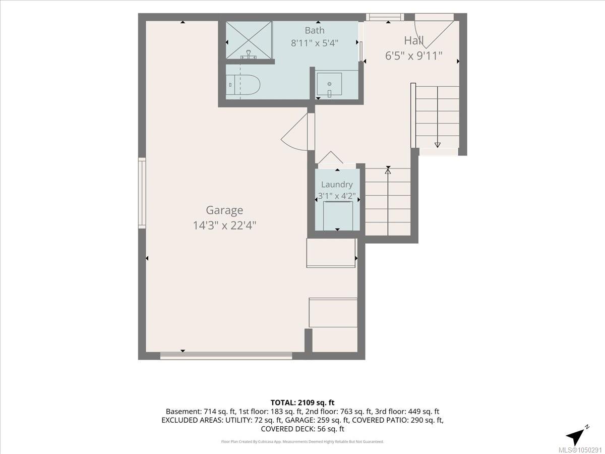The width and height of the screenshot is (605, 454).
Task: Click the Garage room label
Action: (224, 210)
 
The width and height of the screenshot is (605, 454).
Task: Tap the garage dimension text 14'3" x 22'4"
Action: (224, 226)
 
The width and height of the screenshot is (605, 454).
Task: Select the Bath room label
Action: (315, 30)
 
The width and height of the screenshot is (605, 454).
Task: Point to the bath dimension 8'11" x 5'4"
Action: (315, 43)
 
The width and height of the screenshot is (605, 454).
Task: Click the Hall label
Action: (414, 41)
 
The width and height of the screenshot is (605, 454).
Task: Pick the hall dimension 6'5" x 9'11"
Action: (414, 56)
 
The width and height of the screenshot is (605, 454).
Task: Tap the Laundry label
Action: (337, 185)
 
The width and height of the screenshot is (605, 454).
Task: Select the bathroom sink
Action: (329, 84)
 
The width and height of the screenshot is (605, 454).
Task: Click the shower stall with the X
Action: (249, 40)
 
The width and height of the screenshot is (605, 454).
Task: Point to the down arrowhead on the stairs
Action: (438, 145)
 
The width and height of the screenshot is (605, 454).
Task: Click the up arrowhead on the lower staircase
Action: (388, 171)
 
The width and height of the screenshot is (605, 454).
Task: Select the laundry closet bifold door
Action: (331, 158)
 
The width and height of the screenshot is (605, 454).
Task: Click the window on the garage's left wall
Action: (142, 193)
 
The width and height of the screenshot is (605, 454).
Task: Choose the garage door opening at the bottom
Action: (226, 356)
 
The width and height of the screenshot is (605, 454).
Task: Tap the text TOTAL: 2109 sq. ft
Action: (302, 403)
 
